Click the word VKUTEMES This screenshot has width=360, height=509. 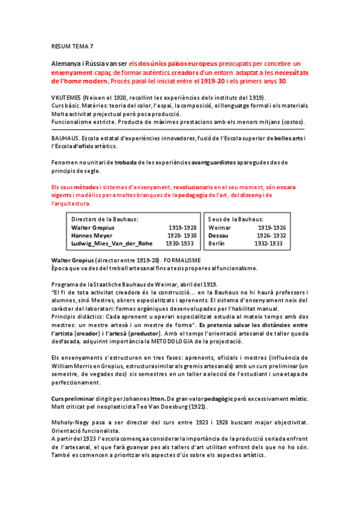(67, 98)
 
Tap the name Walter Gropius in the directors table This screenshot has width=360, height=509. (92, 228)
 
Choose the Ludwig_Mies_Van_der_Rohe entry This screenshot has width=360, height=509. (112, 244)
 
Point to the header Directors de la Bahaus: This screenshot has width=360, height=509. (105, 220)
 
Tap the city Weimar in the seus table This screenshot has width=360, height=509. (220, 228)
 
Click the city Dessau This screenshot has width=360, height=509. (218, 236)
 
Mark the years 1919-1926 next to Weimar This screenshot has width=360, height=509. (272, 228)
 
